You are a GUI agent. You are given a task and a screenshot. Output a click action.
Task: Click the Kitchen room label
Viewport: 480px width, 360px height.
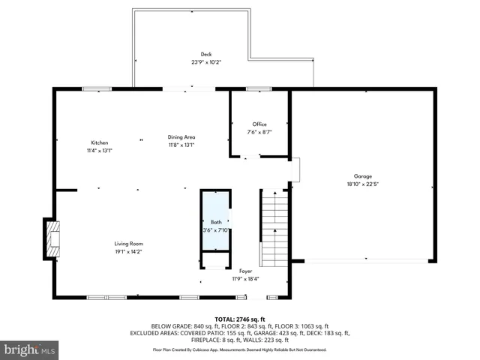100,142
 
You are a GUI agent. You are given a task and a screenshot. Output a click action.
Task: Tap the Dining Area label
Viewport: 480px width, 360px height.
181,137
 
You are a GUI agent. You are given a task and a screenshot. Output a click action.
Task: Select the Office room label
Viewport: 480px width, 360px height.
259,124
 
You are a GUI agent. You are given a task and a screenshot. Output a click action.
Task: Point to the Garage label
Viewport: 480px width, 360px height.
362,176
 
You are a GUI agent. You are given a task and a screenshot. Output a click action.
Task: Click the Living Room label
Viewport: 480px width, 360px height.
128,244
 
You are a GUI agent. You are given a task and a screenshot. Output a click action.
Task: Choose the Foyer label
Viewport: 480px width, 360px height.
245,271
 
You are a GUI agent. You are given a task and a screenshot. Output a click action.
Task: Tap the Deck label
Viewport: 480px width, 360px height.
205,54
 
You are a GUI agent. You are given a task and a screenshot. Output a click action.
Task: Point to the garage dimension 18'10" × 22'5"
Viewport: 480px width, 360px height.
362,184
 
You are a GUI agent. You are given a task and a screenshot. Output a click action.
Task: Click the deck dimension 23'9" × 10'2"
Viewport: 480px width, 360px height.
205,62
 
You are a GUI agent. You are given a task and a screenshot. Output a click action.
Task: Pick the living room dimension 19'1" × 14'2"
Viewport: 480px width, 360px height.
128,252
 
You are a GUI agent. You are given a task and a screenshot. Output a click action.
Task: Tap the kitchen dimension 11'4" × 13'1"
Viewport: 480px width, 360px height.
100,151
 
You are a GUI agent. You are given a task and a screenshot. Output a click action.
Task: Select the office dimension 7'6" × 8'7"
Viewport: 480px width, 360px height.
259,133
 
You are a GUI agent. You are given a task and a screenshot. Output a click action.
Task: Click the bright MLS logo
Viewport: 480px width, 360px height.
30,349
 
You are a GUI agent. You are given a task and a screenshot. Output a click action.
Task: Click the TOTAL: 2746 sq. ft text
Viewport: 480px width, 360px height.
240,319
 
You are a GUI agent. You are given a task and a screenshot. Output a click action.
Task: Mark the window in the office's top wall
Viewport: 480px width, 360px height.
259,89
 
